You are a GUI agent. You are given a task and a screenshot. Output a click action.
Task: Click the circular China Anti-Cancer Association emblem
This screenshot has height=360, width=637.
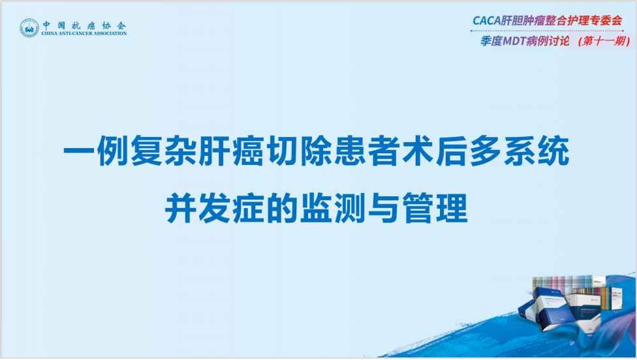point(29,28)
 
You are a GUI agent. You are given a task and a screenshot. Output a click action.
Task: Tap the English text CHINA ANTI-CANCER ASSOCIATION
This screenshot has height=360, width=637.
point(84,33)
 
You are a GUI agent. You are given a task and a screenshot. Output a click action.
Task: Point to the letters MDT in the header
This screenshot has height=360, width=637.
point(514,41)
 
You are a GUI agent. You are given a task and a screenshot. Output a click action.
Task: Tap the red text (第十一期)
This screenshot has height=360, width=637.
point(604,41)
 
